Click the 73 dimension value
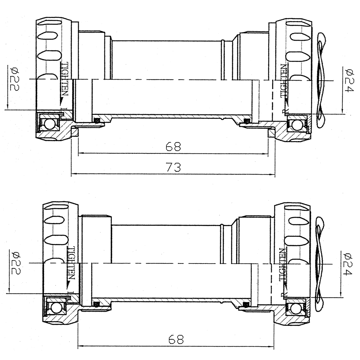click(173, 167)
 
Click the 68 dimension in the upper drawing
click(173, 146)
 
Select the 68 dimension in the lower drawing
click(175, 339)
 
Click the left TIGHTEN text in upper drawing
click(64, 79)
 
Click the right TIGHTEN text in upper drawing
click(284, 81)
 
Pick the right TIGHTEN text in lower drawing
click(283, 265)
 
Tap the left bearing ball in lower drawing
click(55, 308)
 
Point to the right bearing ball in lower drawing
click(296, 308)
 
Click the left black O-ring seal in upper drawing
click(96, 120)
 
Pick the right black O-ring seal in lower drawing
click(246, 305)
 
